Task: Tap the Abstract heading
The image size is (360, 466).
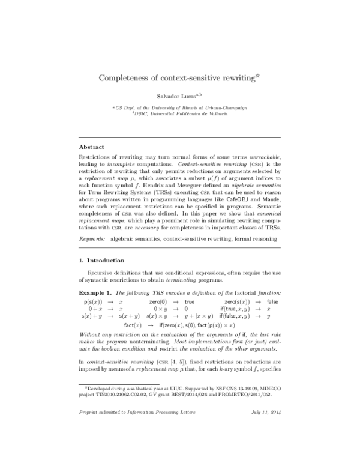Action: [x=92, y=147]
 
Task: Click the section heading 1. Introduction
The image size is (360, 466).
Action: [x=102, y=260]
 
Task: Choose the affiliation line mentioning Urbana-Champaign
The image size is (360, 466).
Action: [x=180, y=107]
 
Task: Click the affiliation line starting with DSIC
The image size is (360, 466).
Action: [x=180, y=113]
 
